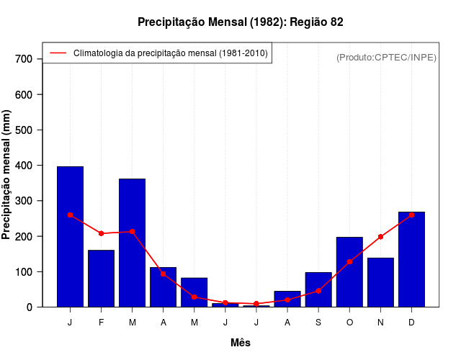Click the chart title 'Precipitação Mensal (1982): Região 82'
click(x=241, y=22)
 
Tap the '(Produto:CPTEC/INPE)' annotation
click(x=386, y=57)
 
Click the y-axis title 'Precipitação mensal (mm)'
click(x=6, y=175)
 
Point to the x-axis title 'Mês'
click(x=241, y=343)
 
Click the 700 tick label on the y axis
click(x=24, y=59)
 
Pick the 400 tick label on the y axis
click(x=24, y=166)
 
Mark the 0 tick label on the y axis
click(x=30, y=307)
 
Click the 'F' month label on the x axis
click(x=101, y=323)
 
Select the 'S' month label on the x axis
click(x=318, y=323)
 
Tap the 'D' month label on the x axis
click(x=411, y=323)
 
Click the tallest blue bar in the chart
click(x=70, y=237)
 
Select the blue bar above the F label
click(x=101, y=279)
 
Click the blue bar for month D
click(x=411, y=259)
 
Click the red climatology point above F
click(x=101, y=233)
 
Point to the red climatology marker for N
click(x=380, y=237)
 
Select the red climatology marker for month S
click(x=318, y=291)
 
